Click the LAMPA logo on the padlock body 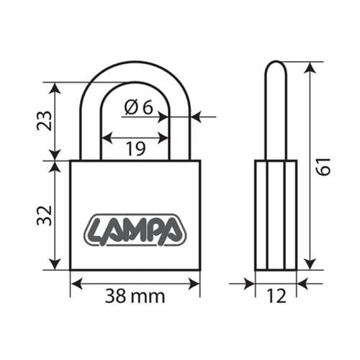[135, 230]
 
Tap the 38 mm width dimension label [135, 296]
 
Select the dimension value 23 [45, 121]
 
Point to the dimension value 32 [45, 216]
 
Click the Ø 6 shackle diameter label [139, 107]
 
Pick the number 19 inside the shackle [135, 148]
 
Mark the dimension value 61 [323, 166]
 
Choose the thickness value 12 [276, 296]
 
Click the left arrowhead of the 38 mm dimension [77, 284]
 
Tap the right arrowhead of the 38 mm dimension [194, 284]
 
